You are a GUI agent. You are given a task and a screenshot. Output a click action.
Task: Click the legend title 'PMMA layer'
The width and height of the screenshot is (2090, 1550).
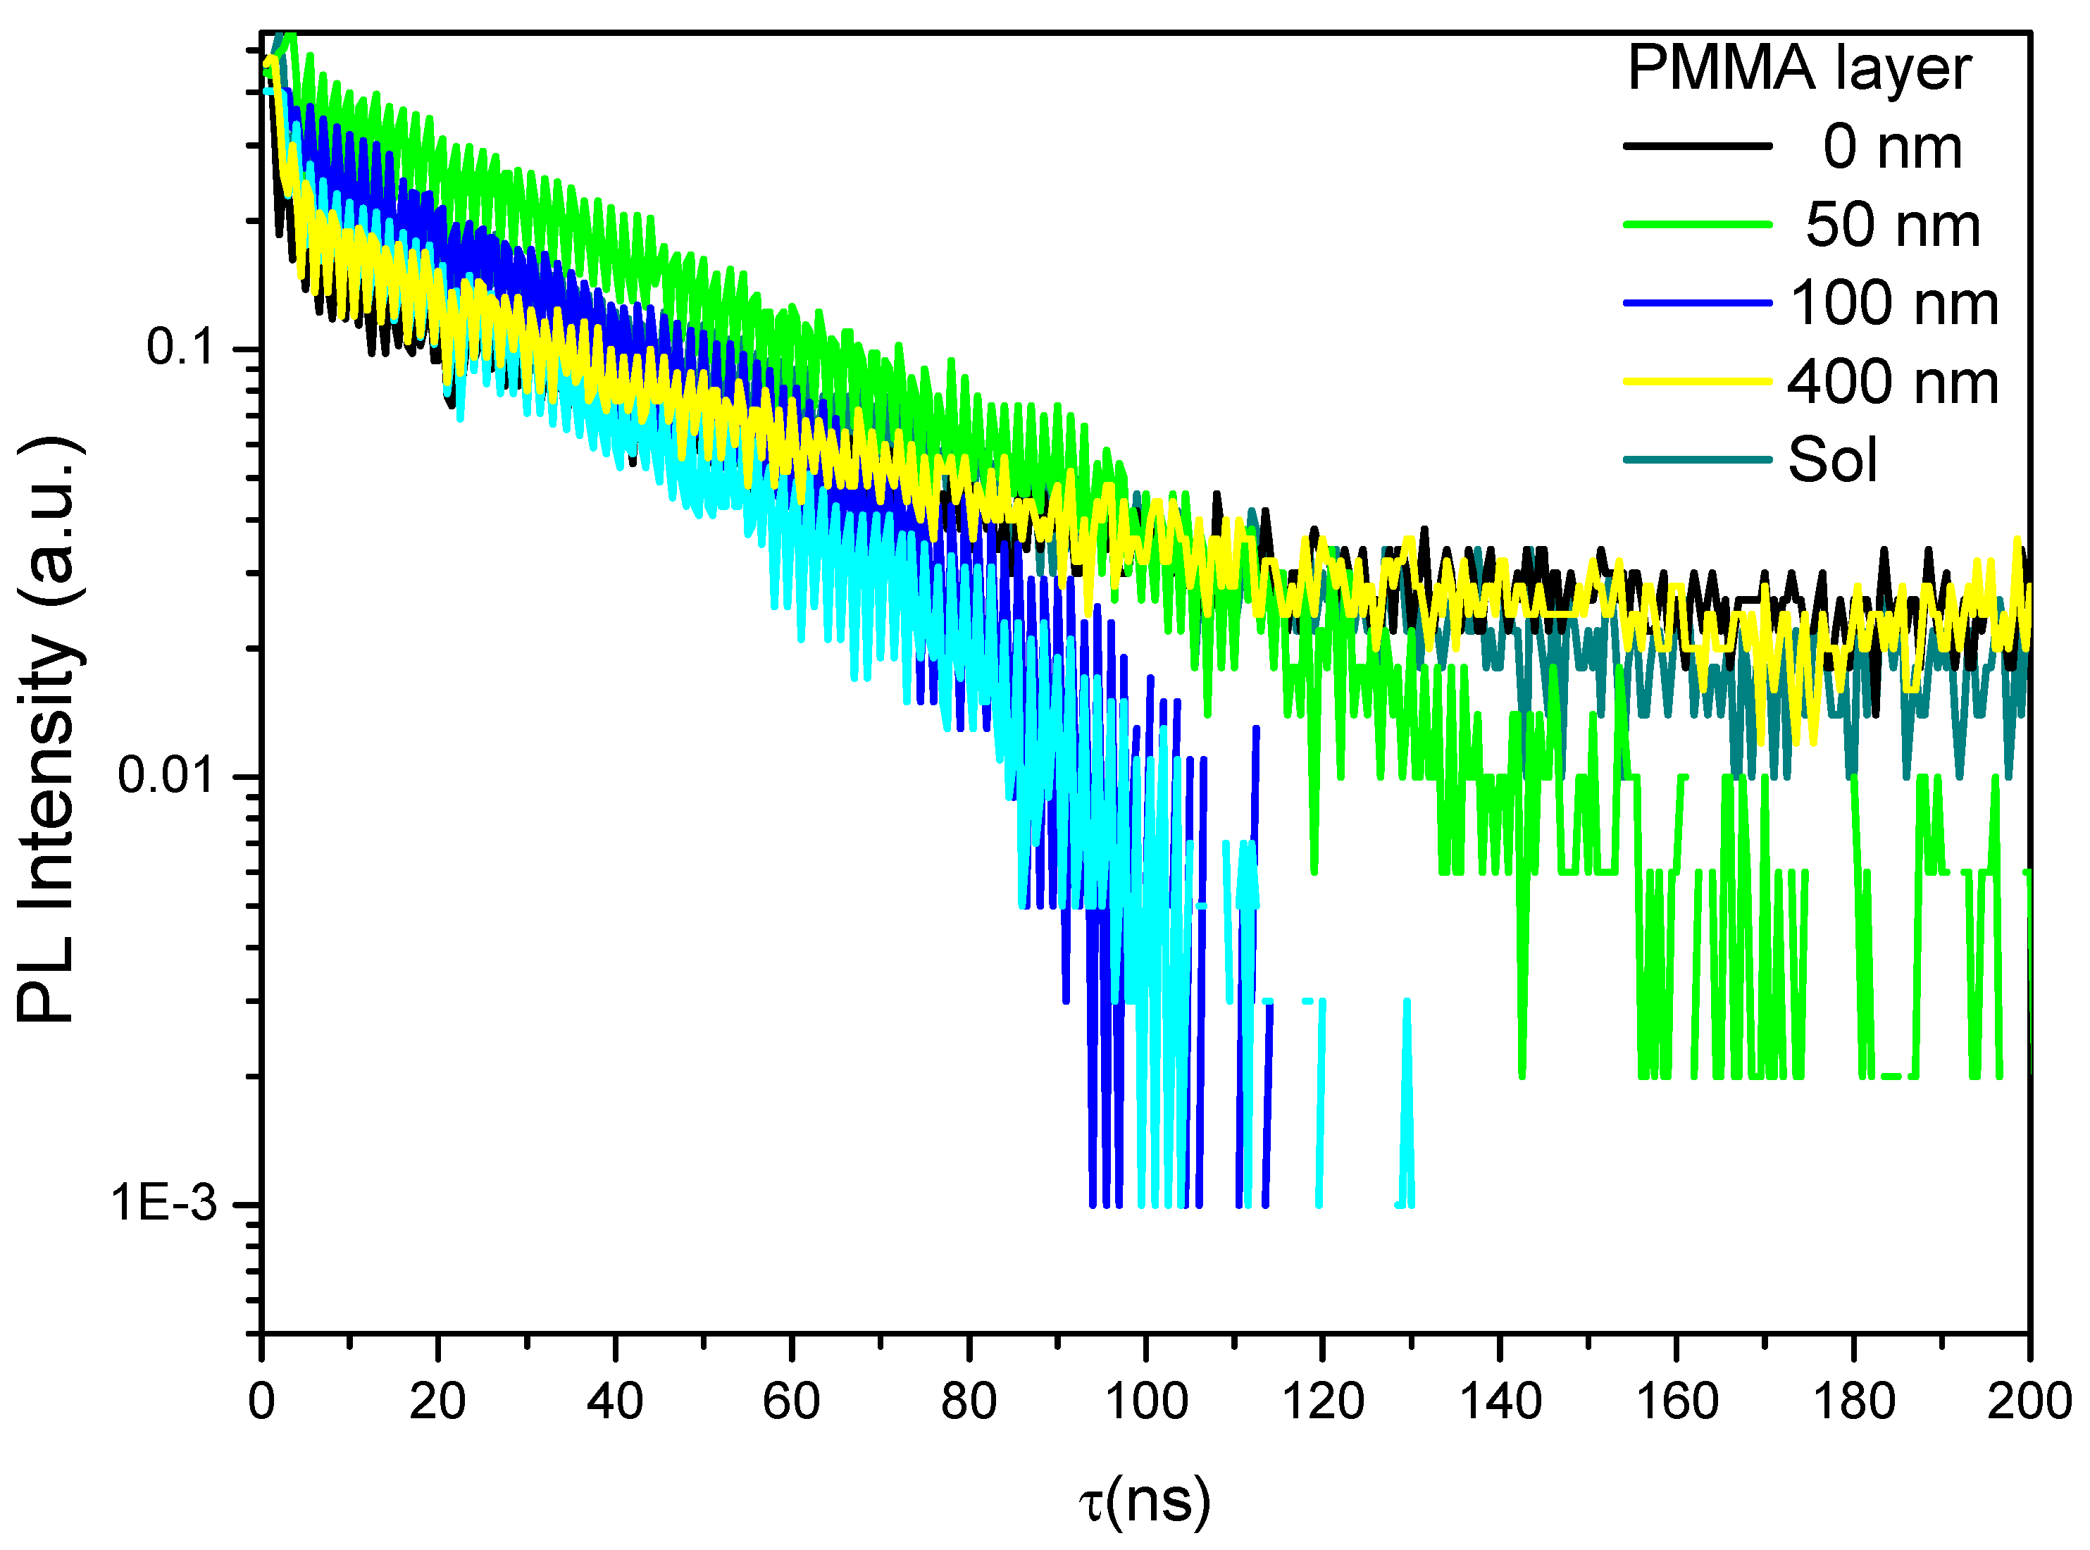pos(1798,70)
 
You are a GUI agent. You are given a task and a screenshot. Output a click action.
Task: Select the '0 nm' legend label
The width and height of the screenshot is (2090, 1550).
pos(1891,147)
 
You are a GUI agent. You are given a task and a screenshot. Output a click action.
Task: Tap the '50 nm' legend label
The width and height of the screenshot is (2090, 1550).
pos(1891,225)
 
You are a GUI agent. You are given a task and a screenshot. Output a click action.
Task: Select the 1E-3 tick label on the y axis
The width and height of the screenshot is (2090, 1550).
pos(164,1204)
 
